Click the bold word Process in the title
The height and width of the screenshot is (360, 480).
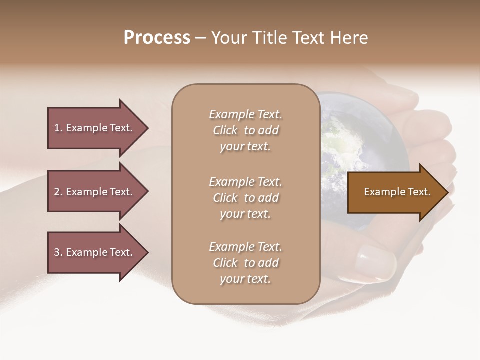(157, 38)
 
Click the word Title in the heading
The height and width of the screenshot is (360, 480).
(274, 38)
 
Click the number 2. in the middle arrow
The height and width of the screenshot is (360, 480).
(58, 192)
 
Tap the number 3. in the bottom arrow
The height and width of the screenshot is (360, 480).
(58, 252)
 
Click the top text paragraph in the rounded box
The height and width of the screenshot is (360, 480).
(245, 130)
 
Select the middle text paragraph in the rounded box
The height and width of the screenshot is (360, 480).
(245, 198)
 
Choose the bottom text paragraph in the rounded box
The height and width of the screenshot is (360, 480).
(245, 263)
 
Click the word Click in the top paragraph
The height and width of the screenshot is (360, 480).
(225, 130)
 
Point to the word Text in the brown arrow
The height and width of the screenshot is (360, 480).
(418, 192)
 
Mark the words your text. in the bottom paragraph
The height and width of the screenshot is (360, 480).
(245, 279)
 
